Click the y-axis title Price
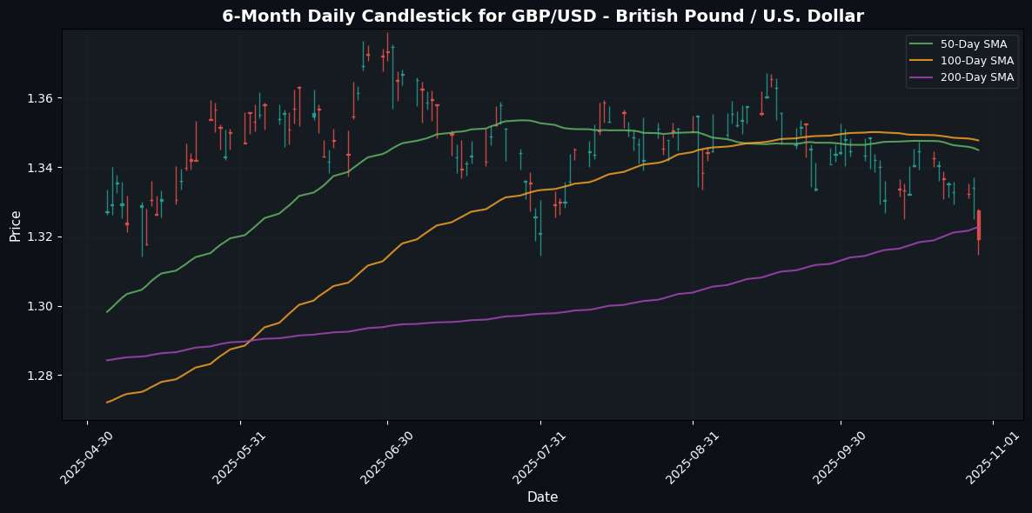[x=15, y=224]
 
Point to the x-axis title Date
[x=542, y=497]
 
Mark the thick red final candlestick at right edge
[x=979, y=224]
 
